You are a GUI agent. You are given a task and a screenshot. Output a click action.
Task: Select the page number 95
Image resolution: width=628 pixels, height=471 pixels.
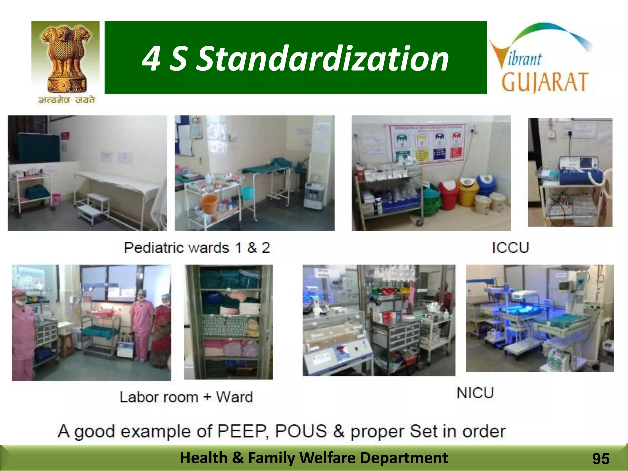click(601, 459)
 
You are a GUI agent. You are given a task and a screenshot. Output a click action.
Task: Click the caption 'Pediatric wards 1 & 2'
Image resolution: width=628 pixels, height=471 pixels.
click(197, 248)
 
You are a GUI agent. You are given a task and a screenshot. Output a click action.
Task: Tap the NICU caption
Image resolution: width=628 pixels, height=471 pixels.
click(475, 393)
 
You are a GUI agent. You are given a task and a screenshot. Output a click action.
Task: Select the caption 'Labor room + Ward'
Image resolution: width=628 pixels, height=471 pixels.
click(186, 397)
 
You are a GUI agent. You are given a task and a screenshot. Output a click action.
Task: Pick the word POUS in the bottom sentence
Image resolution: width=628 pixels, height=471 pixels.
click(301, 431)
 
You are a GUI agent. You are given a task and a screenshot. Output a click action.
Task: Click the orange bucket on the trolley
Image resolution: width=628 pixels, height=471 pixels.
click(209, 202)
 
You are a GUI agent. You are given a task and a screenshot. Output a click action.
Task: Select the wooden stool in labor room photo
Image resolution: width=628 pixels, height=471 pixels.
click(67, 345)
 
